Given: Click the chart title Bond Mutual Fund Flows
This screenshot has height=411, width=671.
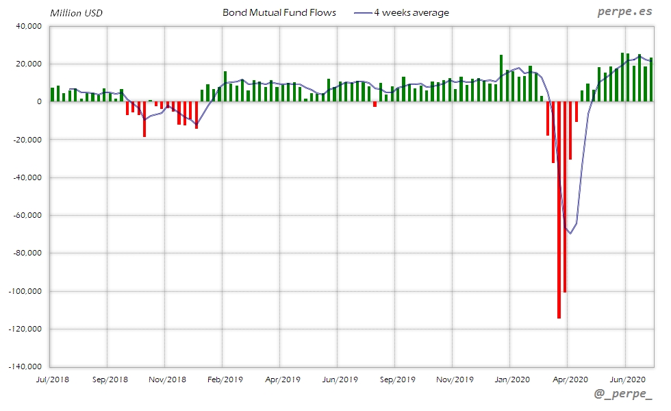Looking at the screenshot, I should pyautogui.click(x=279, y=13).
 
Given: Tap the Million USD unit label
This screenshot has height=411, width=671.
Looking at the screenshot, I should pyautogui.click(x=77, y=13).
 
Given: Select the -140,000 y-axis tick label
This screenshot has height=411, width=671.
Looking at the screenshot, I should pyautogui.click(x=25, y=366).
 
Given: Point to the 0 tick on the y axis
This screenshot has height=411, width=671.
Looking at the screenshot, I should pyautogui.click(x=40, y=101).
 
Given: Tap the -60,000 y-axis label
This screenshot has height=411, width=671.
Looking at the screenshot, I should pyautogui.click(x=27, y=215).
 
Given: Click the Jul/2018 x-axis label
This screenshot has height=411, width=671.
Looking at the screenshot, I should pyautogui.click(x=52, y=379).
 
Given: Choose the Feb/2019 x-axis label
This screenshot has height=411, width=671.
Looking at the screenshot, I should pyautogui.click(x=225, y=379).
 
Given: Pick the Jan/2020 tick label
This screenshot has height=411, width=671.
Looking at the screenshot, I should pyautogui.click(x=511, y=379).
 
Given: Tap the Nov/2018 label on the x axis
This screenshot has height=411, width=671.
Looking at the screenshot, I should pyautogui.click(x=167, y=379).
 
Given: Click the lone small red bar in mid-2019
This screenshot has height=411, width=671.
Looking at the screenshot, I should pyautogui.click(x=375, y=104).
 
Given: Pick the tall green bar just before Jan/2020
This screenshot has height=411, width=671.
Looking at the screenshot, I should pyautogui.click(x=501, y=78).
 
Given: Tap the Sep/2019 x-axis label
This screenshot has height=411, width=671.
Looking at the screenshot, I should pyautogui.click(x=397, y=379).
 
